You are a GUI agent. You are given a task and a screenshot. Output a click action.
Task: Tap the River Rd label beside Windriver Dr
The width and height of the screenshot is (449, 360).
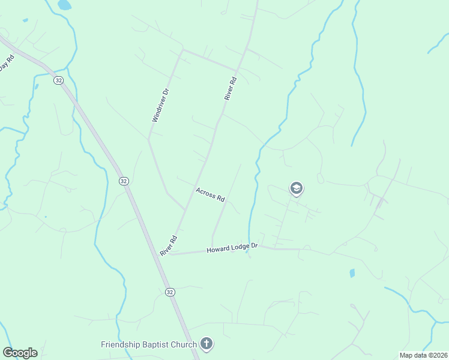click(x=230, y=88)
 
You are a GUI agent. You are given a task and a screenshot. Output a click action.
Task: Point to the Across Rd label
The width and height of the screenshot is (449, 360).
click(x=210, y=194)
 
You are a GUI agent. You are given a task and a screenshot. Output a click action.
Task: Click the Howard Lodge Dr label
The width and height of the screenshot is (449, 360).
click(x=232, y=248)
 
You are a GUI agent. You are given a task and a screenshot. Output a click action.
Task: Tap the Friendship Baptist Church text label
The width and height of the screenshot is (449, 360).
click(x=149, y=344)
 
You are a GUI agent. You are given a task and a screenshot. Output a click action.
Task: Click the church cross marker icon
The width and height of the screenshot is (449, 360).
click(x=206, y=344)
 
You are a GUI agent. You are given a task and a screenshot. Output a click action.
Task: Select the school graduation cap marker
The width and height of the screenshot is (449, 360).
click(x=296, y=188)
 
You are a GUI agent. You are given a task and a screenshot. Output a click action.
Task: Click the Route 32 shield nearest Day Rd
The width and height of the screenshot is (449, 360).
click(x=58, y=80)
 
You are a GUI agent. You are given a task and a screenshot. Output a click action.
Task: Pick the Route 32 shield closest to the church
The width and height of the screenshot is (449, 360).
click(x=170, y=292)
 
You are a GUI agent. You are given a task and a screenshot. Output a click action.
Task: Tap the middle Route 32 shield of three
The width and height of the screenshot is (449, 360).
click(x=123, y=181)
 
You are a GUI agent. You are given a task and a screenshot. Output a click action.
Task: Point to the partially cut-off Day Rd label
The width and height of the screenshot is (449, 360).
click(x=6, y=64)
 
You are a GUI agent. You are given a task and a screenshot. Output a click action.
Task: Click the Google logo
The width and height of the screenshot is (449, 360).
click(x=20, y=353)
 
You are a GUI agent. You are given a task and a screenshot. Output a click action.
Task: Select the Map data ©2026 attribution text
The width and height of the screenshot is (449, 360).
click(x=423, y=355)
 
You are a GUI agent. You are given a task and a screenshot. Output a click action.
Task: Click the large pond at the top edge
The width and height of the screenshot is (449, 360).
click(x=64, y=5)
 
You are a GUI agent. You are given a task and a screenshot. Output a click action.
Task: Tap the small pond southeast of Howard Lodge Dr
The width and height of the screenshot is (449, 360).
click(x=352, y=273)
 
